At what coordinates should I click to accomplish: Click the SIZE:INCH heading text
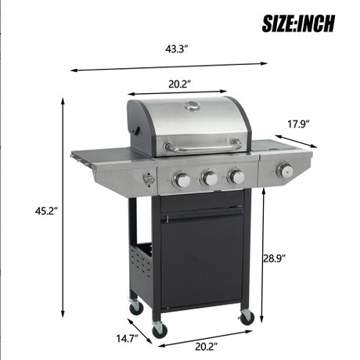(298, 23)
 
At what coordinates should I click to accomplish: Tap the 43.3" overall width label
(177, 49)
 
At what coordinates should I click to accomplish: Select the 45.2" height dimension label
(46, 211)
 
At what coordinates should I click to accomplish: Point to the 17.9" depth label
(299, 124)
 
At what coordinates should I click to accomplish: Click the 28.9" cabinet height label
(274, 258)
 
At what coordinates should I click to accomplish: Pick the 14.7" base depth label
(127, 339)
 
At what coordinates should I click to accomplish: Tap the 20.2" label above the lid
(180, 84)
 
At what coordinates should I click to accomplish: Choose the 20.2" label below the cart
(207, 347)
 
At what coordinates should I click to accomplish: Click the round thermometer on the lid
(193, 106)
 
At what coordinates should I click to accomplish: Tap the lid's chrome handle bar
(203, 148)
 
